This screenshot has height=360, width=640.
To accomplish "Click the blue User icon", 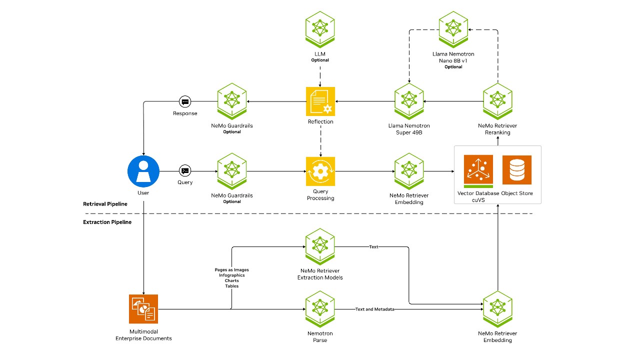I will click(143, 171).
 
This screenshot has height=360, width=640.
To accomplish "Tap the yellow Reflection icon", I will click(320, 101).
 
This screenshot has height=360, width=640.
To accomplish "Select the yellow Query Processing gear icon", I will click(320, 171).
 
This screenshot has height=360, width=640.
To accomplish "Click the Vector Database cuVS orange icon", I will click(478, 170).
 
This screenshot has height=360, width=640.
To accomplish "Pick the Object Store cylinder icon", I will click(517, 170).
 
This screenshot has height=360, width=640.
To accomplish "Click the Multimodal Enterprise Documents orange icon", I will click(143, 309).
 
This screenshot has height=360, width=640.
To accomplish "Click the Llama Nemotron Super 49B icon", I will click(409, 102).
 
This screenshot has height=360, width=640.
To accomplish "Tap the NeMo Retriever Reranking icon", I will click(497, 102).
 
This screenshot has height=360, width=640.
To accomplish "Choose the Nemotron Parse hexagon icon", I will click(320, 309).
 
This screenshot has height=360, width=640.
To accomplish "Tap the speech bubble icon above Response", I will click(185, 101).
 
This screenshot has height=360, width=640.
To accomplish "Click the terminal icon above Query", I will click(185, 170).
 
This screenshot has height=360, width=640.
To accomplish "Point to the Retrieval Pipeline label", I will click(105, 204).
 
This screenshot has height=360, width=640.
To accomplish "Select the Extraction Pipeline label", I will click(107, 222).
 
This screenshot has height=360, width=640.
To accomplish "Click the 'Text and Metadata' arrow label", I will click(374, 309).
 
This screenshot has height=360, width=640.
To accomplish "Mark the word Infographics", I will click(231, 275).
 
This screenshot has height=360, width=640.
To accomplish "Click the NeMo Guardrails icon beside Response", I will click(232, 102).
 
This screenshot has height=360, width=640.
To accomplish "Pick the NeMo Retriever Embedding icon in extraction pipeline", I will click(497, 309).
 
